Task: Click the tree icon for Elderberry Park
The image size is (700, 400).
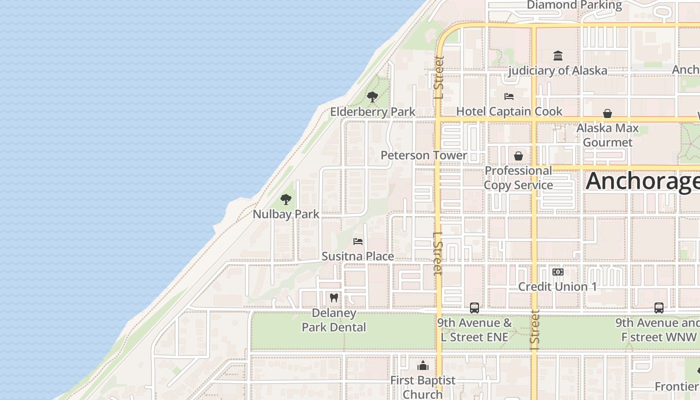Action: click(372, 97)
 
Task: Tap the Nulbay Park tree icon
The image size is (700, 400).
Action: click(286, 199)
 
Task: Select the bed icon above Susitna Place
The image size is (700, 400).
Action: click(358, 241)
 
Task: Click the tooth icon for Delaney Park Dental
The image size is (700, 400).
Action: click(334, 298)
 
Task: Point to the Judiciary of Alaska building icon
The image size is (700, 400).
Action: click(558, 55)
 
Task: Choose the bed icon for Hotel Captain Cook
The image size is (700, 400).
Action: click(509, 96)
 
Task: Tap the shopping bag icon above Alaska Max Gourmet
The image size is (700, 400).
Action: click(607, 113)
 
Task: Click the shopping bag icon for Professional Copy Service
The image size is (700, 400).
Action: click(518, 156)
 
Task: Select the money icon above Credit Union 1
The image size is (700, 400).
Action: click(557, 272)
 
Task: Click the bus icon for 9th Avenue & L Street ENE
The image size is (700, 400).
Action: click(474, 307)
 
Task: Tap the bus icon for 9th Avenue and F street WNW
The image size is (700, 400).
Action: click(659, 307)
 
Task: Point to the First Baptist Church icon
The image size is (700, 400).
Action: click(423, 365)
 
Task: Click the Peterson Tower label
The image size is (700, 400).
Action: click(423, 155)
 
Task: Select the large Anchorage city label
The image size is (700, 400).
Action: click(642, 180)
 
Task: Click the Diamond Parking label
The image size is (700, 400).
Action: click(574, 5)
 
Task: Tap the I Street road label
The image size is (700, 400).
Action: click(534, 330)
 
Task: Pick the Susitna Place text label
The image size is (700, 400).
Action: click(357, 256)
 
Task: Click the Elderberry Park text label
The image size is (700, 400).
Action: click(372, 111)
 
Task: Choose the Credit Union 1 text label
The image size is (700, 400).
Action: click(557, 286)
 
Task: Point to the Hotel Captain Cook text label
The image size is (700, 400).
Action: click(509, 111)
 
